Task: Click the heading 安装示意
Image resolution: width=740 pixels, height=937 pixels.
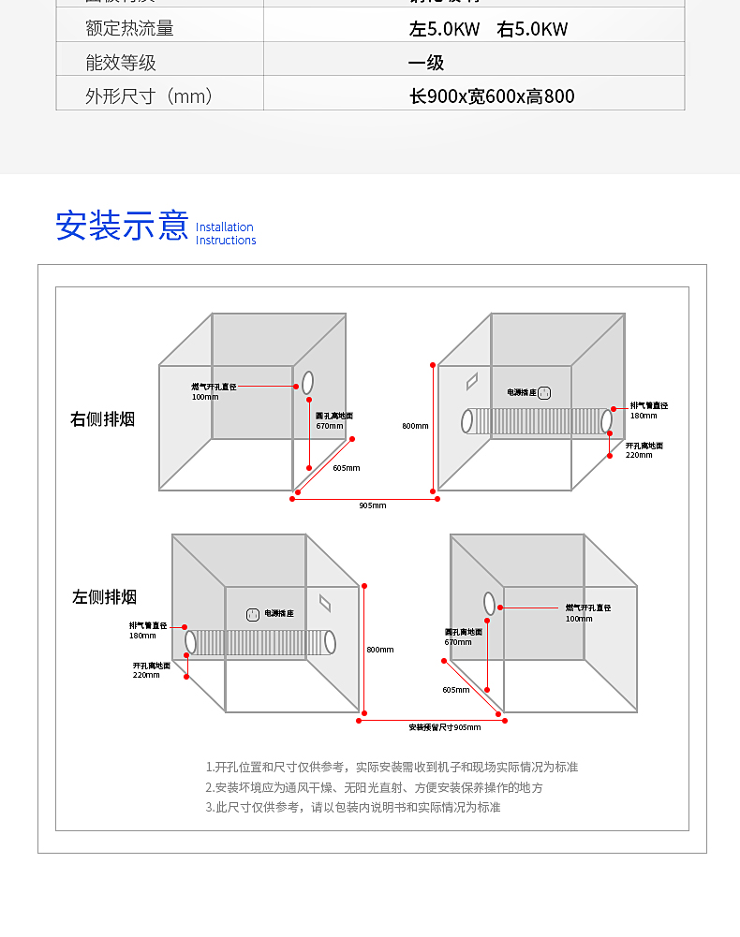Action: coord(122,226)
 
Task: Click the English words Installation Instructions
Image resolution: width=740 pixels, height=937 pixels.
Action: coord(225,234)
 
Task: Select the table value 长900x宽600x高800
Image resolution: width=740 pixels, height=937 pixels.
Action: coord(492,96)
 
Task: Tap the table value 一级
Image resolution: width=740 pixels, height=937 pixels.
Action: coord(426,63)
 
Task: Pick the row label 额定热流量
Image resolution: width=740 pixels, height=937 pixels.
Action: coord(129,28)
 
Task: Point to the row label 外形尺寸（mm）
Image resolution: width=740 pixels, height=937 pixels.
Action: coord(149,96)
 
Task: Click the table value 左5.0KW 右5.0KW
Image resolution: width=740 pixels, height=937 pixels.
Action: coord(488,28)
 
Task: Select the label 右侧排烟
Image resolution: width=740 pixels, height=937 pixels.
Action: coord(103,418)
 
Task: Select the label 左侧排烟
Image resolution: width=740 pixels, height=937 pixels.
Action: coord(105,596)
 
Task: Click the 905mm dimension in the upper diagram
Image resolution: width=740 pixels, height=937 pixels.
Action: coord(372,505)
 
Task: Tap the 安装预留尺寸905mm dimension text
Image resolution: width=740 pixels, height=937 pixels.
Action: coord(444,727)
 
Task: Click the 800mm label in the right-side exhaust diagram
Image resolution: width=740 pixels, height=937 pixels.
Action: coord(415,426)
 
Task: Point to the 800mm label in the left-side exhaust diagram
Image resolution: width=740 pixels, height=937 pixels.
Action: coord(380,650)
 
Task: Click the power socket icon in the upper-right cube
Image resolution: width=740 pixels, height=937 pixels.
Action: coord(542,394)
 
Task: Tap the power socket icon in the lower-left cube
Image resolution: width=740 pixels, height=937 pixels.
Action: coord(253,614)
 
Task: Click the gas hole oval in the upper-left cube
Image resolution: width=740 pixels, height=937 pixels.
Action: coord(307,383)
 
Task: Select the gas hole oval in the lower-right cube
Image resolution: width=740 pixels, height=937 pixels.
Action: coord(489,604)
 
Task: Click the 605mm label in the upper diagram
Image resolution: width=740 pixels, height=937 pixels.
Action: coord(346,468)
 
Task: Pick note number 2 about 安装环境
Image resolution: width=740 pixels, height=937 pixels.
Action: coord(374,787)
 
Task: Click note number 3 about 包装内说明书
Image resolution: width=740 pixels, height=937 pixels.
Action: coord(353,807)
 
